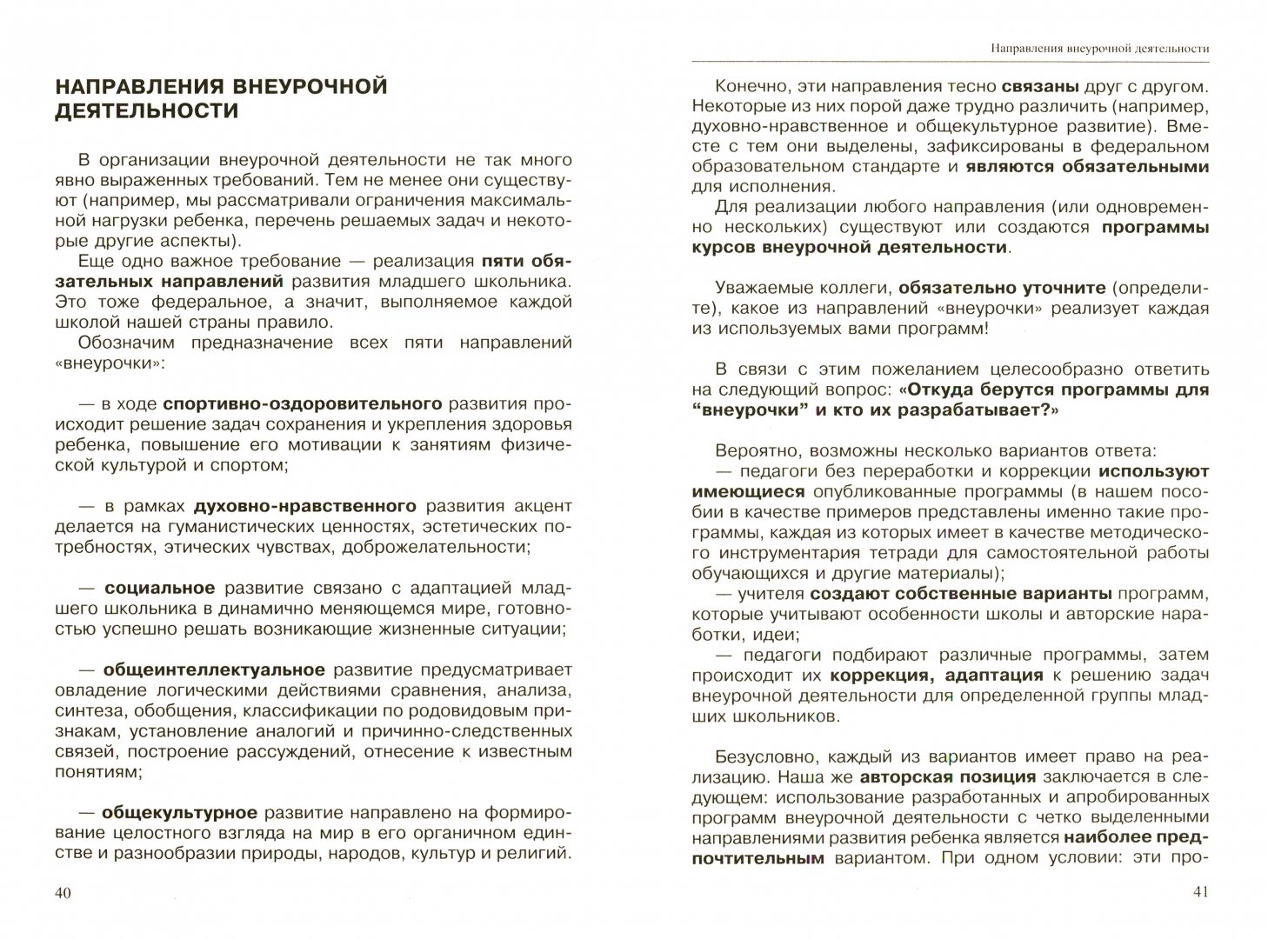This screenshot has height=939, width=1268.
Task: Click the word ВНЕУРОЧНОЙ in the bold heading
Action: coord(297,86)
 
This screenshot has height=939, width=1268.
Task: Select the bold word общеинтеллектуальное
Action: coord(214,669)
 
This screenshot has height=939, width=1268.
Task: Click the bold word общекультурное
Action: coord(180,813)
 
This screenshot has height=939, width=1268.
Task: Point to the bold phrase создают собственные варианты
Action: coord(961,594)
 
